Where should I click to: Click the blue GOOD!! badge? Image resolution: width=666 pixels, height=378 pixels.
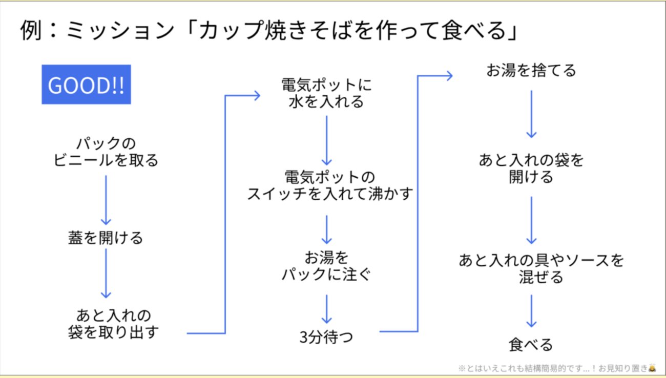pos(86,85)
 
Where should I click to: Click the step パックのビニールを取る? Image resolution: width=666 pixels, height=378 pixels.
pos(106,152)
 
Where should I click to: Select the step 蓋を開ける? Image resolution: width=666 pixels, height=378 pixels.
pos(106,238)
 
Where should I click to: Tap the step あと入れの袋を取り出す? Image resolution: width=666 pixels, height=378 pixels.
pos(113,323)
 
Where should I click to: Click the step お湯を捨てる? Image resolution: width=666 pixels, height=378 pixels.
pos(531,70)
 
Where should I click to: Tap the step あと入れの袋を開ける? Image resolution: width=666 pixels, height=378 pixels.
pos(531,169)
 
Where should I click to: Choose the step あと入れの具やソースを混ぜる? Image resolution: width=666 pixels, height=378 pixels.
pos(541,268)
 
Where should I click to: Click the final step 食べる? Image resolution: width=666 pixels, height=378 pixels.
pos(531,344)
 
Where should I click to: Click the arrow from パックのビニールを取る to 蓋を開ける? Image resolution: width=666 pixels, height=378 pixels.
pos(106,200)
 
